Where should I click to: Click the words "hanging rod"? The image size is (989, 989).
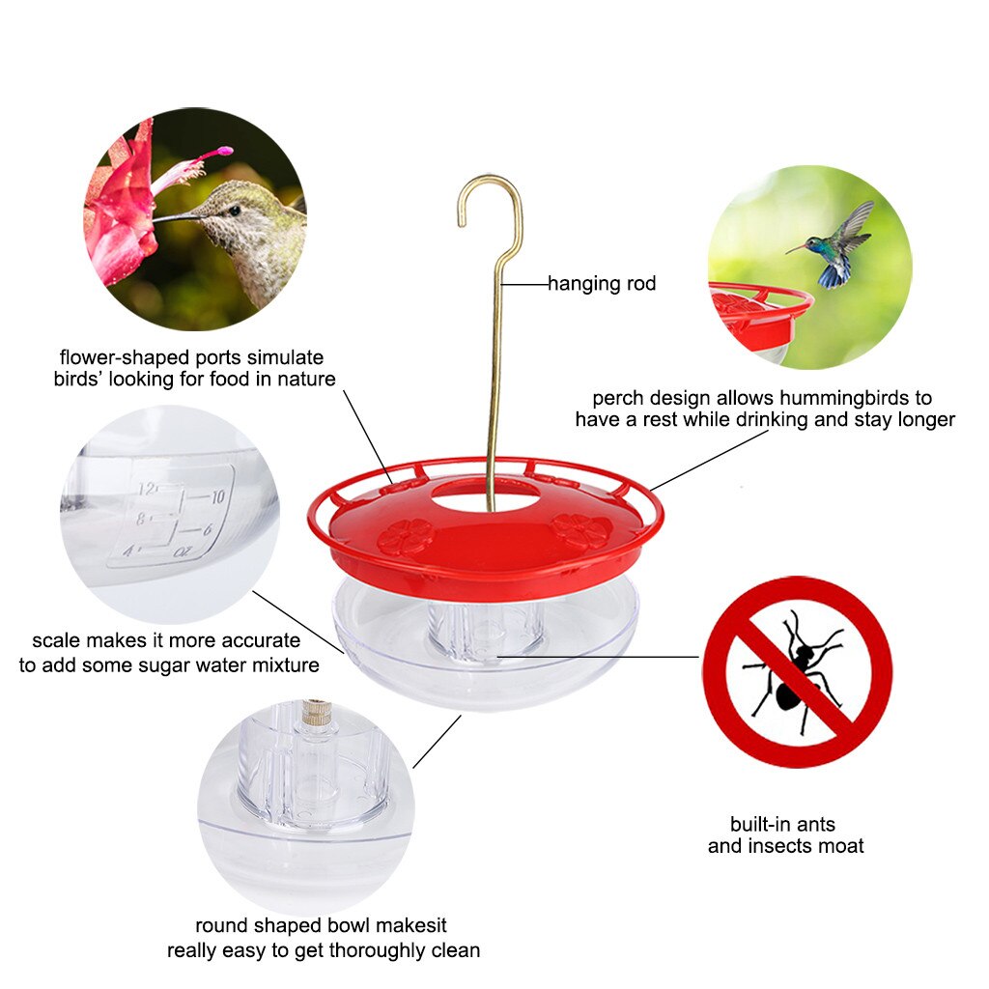point(602,284)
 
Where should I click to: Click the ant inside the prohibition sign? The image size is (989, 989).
point(797,671)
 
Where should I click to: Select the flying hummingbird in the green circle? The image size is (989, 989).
point(836,247)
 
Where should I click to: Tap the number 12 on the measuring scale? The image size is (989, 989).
point(147,488)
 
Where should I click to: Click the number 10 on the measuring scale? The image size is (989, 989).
point(215,496)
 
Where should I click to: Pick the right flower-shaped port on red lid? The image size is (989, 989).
point(580,530)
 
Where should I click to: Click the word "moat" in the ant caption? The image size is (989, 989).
point(842,846)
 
